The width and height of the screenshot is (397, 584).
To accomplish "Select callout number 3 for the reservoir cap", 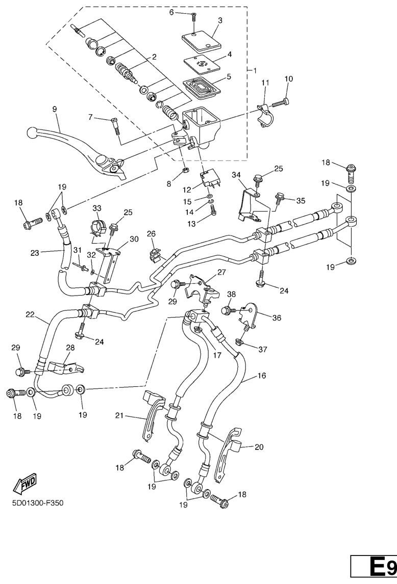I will [x=219, y=20].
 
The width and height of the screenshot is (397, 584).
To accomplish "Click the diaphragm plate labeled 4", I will [x=201, y=65].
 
